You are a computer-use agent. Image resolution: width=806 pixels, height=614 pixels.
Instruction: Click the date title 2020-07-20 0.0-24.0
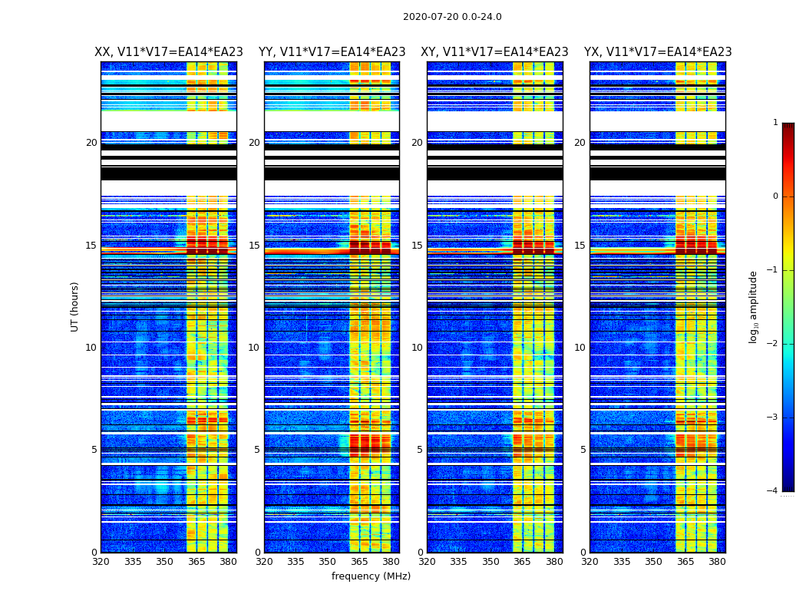[x=452, y=17]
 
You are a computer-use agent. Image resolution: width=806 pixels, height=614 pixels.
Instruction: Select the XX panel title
[x=169, y=52]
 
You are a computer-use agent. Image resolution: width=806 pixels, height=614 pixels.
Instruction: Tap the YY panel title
[x=332, y=52]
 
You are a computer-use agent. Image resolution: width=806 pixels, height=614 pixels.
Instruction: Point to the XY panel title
[x=494, y=52]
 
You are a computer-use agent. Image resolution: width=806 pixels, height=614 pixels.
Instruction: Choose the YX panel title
[x=658, y=52]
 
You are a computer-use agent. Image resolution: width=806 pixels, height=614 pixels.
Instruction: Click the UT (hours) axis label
[x=75, y=306]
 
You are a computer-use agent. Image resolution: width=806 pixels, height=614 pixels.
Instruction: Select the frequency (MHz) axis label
[x=371, y=576]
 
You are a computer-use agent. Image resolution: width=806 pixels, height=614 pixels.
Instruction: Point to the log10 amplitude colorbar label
[x=753, y=306]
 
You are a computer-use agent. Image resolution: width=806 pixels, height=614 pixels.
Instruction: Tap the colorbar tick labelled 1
[x=775, y=123]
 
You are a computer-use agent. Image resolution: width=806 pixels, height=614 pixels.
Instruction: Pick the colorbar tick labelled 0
[x=775, y=196]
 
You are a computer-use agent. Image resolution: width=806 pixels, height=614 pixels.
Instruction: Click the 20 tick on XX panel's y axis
[x=91, y=143]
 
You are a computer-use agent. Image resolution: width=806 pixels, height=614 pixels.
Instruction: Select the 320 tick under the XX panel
[x=101, y=562]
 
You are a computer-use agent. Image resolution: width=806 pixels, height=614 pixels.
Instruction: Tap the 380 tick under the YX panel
[x=717, y=562]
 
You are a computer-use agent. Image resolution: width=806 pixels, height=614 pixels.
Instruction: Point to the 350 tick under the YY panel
[x=328, y=562]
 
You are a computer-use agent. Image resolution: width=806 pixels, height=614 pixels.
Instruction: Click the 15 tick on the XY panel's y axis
[x=418, y=246]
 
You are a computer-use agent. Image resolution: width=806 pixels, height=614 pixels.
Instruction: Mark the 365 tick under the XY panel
[x=522, y=562]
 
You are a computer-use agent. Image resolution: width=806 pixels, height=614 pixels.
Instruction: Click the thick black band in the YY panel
[x=332, y=173]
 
